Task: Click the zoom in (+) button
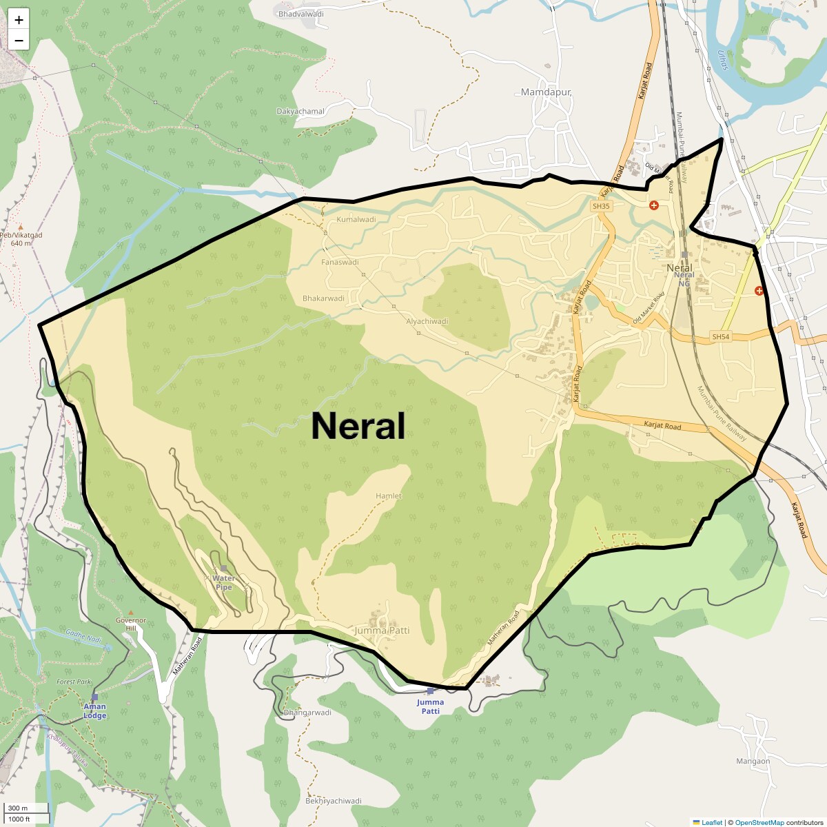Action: click(x=19, y=20)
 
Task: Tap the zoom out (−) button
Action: click(x=19, y=41)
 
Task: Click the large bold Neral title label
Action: click(x=358, y=426)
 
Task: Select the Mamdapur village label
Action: click(x=546, y=92)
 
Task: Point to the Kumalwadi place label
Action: click(x=356, y=220)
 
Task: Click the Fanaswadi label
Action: click(x=340, y=263)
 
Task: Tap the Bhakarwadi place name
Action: click(x=323, y=298)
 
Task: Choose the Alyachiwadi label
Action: click(x=427, y=321)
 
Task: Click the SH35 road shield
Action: click(x=601, y=206)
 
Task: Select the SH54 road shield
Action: click(x=720, y=337)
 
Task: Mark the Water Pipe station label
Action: click(x=224, y=582)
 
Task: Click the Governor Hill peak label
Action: click(x=131, y=624)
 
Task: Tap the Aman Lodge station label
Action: click(x=95, y=711)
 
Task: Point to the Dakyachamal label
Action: click(x=300, y=112)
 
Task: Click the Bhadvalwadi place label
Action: click(x=300, y=14)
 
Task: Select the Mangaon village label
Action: click(x=753, y=762)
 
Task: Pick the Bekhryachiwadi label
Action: click(x=334, y=801)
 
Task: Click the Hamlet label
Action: click(x=389, y=496)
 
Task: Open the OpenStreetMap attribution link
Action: click(x=759, y=822)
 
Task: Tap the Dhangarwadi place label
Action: click(x=307, y=713)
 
